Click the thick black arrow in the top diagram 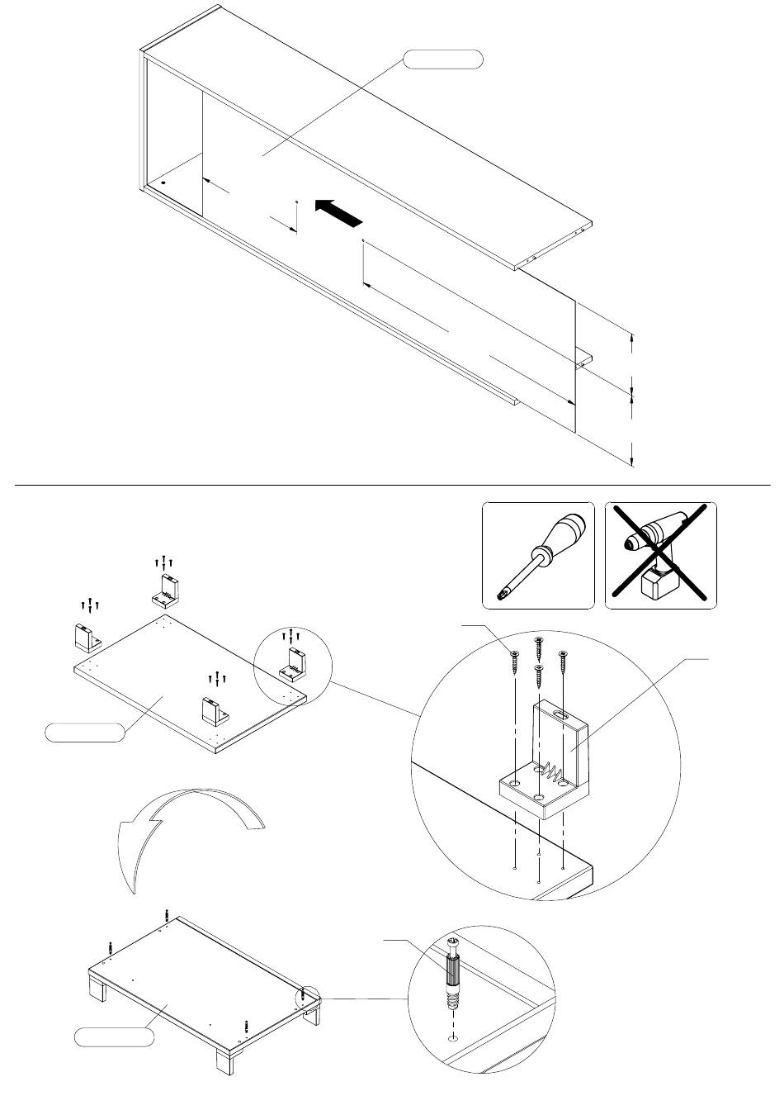pos(338,212)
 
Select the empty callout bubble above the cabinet pos(442,59)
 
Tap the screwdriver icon pos(537,554)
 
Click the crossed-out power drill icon pos(661,555)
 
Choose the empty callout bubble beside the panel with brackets pos(85,732)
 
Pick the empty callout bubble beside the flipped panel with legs pos(115,1037)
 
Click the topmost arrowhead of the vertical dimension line pos(632,338)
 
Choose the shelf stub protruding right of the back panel pos(584,359)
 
